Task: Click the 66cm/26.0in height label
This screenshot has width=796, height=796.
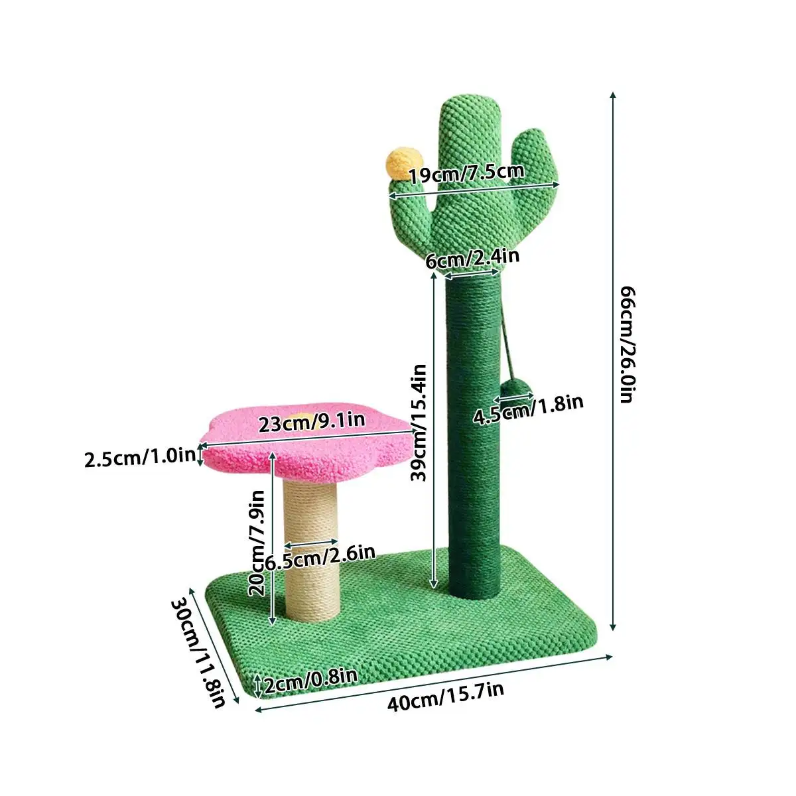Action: [x=628, y=344]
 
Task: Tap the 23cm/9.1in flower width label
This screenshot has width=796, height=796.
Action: [x=311, y=422]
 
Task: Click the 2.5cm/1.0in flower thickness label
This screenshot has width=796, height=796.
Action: [x=140, y=457]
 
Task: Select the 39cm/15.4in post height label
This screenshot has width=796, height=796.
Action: [x=418, y=422]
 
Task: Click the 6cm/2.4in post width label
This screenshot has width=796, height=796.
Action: [x=472, y=258]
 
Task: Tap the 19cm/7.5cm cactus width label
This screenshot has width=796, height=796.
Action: [x=466, y=174]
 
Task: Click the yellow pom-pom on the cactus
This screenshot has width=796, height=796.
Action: [x=398, y=163]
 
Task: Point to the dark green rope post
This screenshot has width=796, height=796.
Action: [x=474, y=464]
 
